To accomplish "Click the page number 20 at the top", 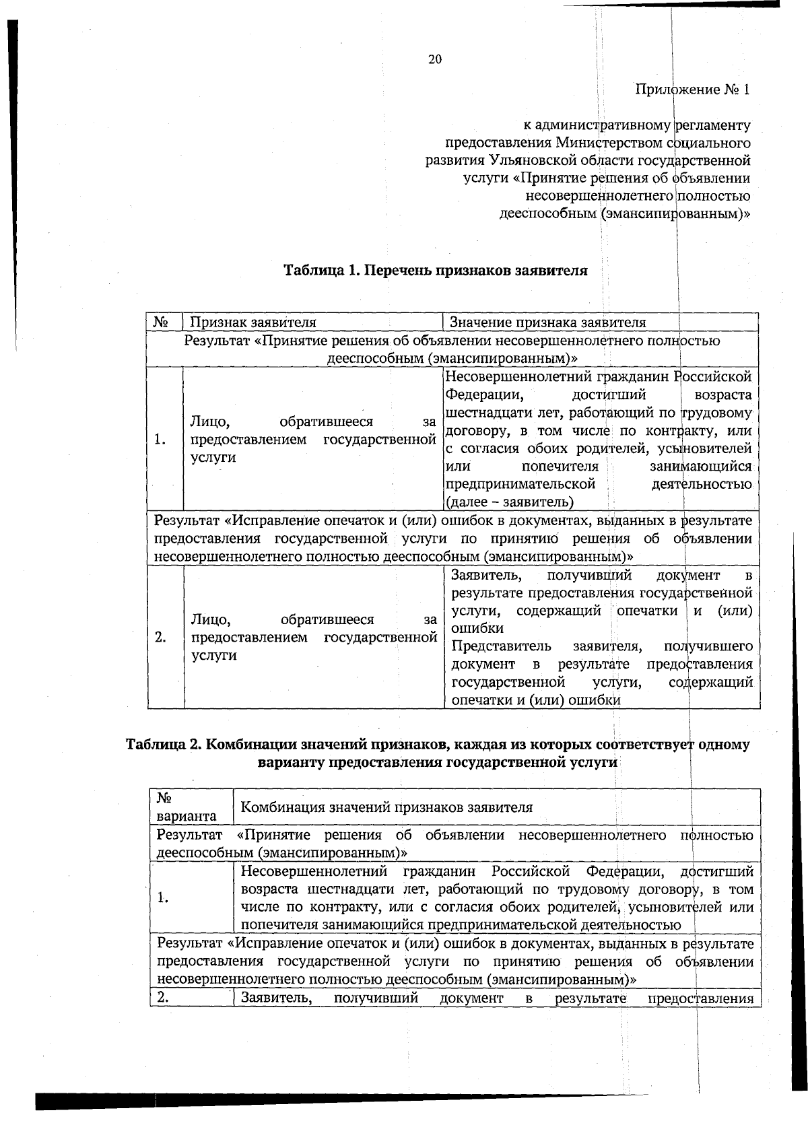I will [434, 59].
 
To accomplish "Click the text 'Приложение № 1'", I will [692, 90].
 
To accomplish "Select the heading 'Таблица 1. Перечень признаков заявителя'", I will [435, 271].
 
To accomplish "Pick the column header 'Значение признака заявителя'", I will [547, 322].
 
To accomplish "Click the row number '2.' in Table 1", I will [160, 637].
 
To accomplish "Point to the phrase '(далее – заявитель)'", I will [510, 502].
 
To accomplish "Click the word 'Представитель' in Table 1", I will [501, 646].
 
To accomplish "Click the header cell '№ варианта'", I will [186, 807].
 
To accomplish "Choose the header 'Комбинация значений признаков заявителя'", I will [386, 807].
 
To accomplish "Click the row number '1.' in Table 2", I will [163, 897].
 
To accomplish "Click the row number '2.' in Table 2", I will [164, 998].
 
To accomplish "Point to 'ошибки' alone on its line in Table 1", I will [477, 628].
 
